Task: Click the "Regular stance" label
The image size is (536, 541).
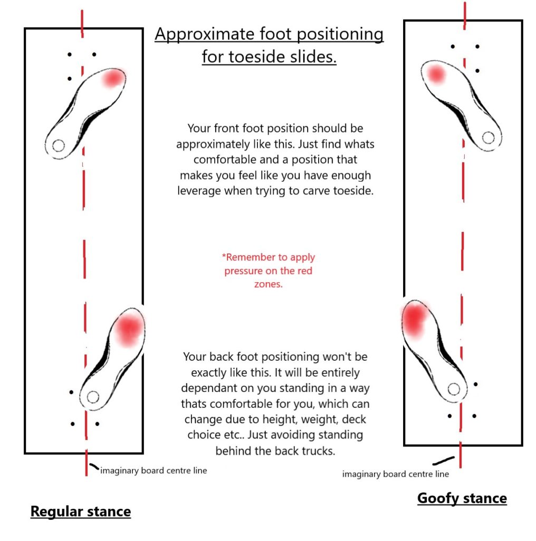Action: [80, 511]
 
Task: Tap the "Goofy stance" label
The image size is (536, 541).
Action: [462, 498]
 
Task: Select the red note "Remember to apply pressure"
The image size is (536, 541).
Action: [268, 270]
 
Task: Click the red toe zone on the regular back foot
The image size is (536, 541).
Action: [128, 329]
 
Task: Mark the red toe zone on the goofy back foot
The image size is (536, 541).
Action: [414, 319]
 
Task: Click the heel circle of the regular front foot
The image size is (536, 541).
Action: [59, 145]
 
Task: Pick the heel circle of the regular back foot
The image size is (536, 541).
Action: [93, 396]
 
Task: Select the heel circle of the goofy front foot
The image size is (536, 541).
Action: [488, 137]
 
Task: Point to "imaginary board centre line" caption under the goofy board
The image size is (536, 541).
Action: [396, 474]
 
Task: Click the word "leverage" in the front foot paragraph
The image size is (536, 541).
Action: [199, 191]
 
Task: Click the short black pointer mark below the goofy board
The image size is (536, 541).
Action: [445, 459]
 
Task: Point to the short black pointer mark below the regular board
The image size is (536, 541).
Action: [94, 467]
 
